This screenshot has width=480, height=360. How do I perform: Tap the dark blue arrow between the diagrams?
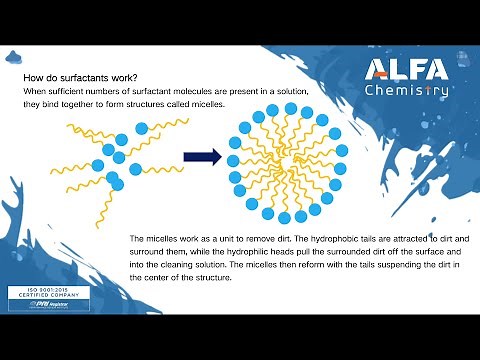[202, 156]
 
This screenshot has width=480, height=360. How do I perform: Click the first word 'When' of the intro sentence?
[34, 92]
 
